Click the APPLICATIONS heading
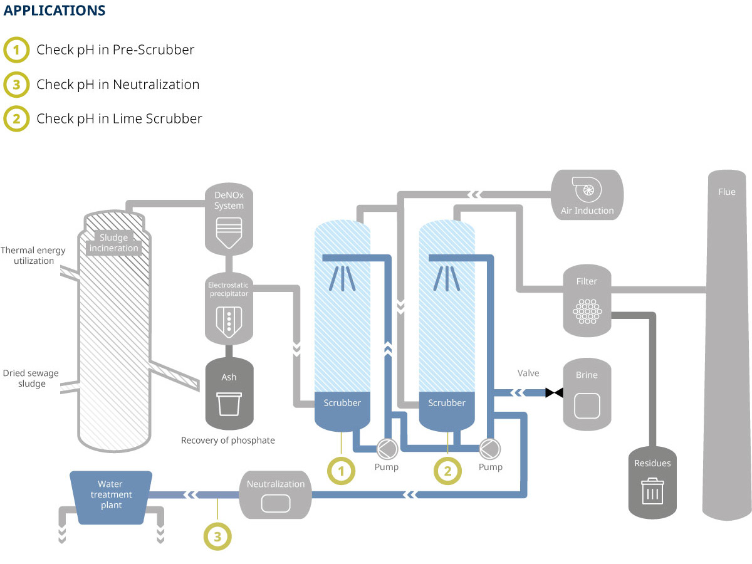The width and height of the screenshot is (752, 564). pos(55,10)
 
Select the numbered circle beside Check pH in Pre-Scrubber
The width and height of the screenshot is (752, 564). pos(16,50)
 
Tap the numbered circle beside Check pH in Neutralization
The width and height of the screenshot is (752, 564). pos(16,85)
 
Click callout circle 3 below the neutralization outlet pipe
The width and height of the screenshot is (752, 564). pos(217,536)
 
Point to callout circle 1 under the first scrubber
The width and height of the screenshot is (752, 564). pos(342,471)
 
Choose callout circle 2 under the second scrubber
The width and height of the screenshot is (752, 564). pos(448,471)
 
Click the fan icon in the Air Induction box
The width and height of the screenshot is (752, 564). pos(587,189)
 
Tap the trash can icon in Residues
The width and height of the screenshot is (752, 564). pos(652,491)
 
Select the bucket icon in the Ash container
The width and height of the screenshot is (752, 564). pos(229,404)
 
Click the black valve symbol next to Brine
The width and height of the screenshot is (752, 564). pos(554,392)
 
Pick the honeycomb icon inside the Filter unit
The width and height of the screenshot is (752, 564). pos(587,311)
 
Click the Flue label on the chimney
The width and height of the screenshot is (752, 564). pos(727,192)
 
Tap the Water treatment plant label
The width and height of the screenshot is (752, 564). pos(111,494)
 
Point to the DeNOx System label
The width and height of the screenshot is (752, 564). pos(229,201)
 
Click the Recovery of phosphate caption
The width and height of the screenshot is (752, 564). pos(228,440)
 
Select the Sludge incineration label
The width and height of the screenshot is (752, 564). pos(114,243)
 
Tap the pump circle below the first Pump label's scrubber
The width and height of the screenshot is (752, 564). pos(387,449)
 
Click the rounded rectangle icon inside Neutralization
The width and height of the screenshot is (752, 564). pos(276,503)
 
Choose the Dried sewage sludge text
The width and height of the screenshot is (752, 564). pos(31,378)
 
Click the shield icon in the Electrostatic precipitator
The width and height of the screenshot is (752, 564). pos(229,321)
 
